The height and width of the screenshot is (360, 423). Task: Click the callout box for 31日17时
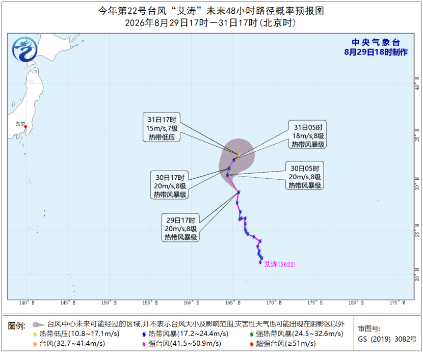162,127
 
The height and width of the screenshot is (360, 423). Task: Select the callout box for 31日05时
308,134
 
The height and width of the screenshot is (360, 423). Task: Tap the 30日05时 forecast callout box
305,176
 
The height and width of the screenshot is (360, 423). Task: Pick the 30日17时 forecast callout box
170,185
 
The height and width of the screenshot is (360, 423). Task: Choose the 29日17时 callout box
180,228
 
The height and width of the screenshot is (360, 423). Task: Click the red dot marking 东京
25,127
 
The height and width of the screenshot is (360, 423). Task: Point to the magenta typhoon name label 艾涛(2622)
280,264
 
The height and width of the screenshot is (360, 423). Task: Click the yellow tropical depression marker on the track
239,155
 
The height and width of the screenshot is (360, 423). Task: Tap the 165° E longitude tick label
233,303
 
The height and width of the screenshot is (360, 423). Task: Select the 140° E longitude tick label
27,303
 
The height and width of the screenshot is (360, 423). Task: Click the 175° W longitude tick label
398,303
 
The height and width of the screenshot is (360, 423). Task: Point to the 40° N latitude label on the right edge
417,84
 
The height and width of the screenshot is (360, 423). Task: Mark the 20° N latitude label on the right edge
417,275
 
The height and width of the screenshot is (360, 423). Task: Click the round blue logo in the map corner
25,49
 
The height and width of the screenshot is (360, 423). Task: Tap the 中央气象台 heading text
376,42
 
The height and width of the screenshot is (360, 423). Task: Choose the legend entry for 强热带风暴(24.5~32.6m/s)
296,334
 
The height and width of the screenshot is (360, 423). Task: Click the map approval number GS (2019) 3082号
387,339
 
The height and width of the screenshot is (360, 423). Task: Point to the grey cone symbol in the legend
38,324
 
